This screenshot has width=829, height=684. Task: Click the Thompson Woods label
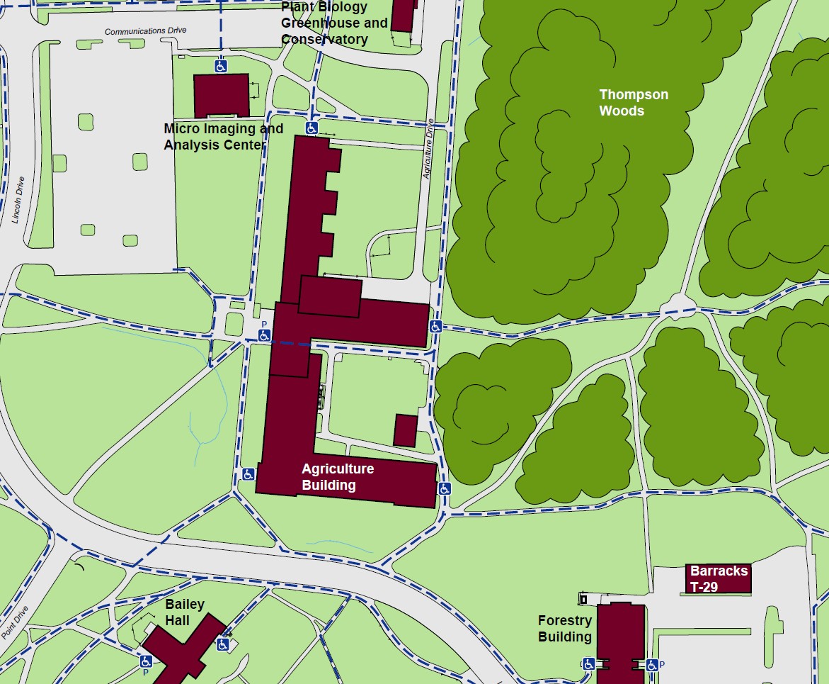633,103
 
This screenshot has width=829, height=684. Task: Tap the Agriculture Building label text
338,477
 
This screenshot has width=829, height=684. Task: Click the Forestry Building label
564,629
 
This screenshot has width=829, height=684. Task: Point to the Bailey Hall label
185,612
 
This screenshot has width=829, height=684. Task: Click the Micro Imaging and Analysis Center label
223,137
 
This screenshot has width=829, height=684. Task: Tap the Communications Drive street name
145,31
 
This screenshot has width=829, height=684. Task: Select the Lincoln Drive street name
19,200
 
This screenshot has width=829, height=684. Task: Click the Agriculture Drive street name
428,148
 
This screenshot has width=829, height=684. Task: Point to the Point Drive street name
15,623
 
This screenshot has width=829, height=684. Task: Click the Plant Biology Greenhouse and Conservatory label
334,23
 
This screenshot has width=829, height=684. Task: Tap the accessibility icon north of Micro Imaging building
221,66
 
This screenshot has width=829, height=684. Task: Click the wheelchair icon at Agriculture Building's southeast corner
445,488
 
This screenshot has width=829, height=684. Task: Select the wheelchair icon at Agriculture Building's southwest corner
248,474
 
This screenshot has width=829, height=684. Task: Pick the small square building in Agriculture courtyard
405,431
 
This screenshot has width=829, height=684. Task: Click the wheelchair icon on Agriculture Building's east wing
435,326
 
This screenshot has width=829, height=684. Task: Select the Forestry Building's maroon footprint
621,641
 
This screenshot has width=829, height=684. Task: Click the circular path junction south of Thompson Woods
678,307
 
